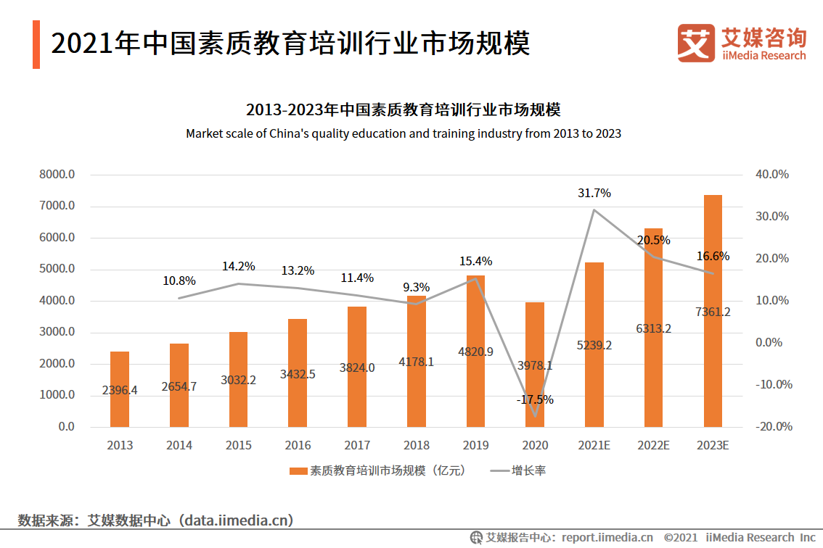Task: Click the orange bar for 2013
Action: pyautogui.click(x=120, y=389)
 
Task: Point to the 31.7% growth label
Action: pyautogui.click(x=594, y=194)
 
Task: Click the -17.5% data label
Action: pyautogui.click(x=536, y=399)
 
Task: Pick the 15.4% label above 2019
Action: pyautogui.click(x=475, y=261)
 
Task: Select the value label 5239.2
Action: pyautogui.click(x=594, y=345)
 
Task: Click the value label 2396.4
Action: pyautogui.click(x=120, y=390)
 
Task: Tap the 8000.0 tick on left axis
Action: pyautogui.click(x=58, y=175)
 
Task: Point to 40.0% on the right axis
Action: pyautogui.click(x=772, y=175)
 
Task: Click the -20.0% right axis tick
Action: pyautogui.click(x=772, y=427)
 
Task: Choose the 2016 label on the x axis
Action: pyautogui.click(x=298, y=445)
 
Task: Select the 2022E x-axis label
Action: pyautogui.click(x=653, y=445)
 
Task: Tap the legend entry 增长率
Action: pyautogui.click(x=528, y=471)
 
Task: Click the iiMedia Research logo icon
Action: pyautogui.click(x=695, y=43)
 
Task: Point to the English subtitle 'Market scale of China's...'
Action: pyautogui.click(x=404, y=133)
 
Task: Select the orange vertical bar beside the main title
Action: pyautogui.click(x=36, y=45)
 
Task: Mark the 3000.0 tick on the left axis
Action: pyautogui.click(x=58, y=332)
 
